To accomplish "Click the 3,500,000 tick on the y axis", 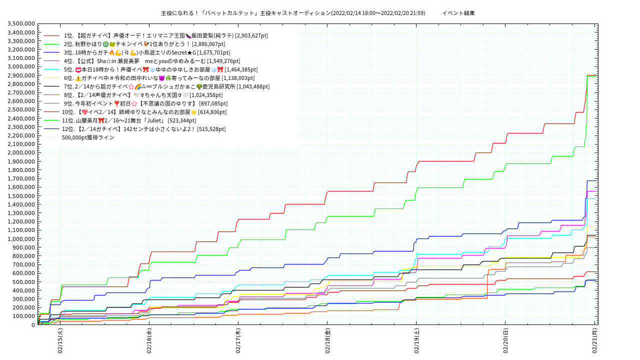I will tap(21, 24).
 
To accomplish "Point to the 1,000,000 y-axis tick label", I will tap(21, 239).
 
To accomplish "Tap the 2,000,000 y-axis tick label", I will tap(21, 153).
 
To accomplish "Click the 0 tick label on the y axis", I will tap(33, 325).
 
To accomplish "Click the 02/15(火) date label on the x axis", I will tap(60, 341).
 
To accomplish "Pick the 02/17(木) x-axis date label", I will tap(238, 341).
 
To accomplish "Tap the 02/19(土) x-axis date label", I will tap(416, 341).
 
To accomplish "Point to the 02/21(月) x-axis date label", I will tap(595, 341).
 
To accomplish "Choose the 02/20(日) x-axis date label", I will tap(505, 341).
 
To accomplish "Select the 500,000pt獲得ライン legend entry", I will tap(88, 137).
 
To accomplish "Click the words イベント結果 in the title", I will tap(458, 13).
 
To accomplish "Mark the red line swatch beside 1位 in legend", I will tap(51, 35).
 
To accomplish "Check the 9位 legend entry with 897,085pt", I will tap(145, 103).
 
